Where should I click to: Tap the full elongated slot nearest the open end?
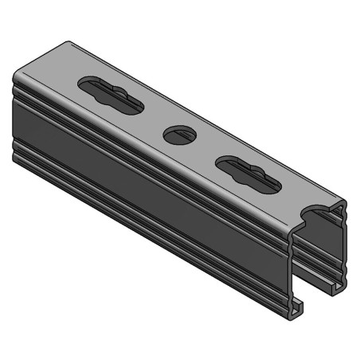(x=247, y=174)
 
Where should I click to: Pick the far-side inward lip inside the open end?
(x=338, y=283)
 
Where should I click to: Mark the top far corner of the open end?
(x=345, y=205)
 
